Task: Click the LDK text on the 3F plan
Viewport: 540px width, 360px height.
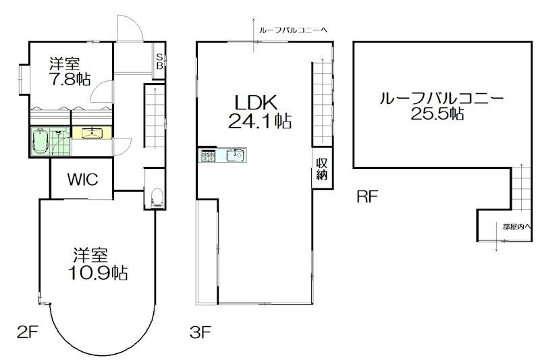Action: pos(256,103)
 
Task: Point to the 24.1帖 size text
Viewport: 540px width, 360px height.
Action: pos(256,122)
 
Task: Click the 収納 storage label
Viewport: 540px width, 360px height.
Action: pos(321,169)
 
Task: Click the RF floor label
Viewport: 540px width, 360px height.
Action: pos(367,197)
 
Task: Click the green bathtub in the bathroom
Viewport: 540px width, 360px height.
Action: pos(40,141)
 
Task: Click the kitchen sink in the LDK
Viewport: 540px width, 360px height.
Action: pos(236,156)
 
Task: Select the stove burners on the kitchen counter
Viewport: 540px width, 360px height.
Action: pos(207,156)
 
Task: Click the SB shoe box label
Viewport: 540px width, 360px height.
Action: pos(159,61)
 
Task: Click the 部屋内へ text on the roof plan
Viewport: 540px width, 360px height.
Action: pos(516,226)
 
